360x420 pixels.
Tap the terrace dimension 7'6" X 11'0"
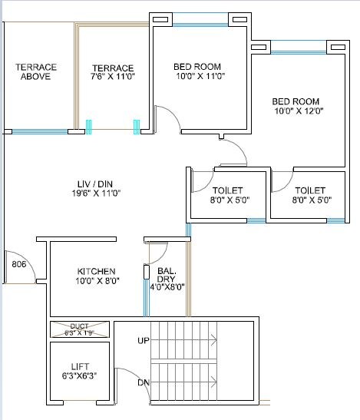coord(113,78)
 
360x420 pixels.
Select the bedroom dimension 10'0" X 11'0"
coord(197,77)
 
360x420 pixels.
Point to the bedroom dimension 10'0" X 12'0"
coord(296,111)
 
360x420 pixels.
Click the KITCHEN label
coord(97,271)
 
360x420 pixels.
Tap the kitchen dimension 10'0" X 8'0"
coord(97,281)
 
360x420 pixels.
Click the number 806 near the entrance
coord(19,265)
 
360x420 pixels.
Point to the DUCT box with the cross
coord(79,329)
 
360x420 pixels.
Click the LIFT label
coord(79,367)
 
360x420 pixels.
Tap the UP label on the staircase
coord(143,340)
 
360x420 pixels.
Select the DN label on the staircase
coord(143,382)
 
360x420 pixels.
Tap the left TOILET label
coord(227,190)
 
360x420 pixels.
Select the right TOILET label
coord(309,190)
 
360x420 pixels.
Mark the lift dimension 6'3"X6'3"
coord(79,377)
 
